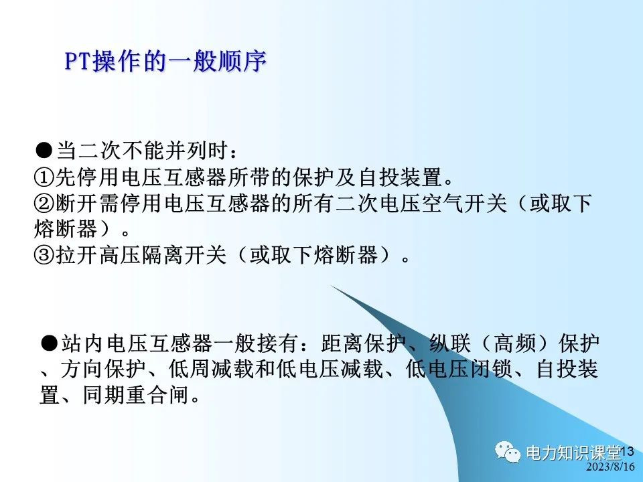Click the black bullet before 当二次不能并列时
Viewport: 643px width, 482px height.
click(44, 149)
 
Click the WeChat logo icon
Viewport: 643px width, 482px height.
click(508, 453)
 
